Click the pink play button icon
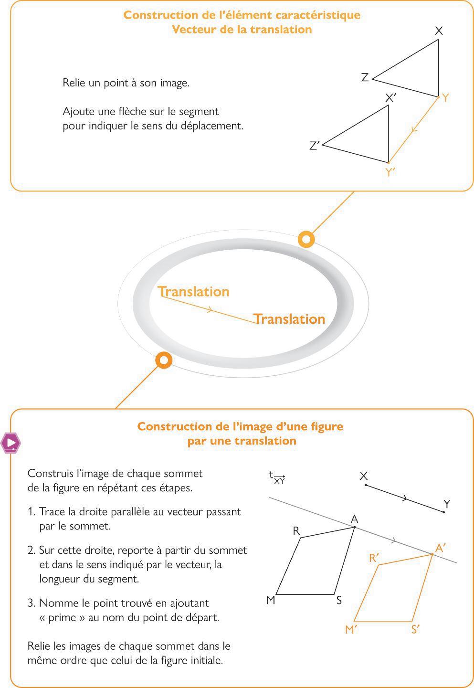pos(11,443)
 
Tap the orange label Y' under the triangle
pos(390,172)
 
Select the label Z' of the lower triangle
pos(314,146)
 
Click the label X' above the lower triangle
pos(391,98)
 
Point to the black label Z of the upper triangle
pos(365,77)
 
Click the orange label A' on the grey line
pos(441,548)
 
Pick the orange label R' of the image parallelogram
pos(374,558)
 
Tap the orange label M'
pos(351,630)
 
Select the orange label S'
pos(415,630)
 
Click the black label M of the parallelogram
pos(271,600)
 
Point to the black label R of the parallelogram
pos(296,531)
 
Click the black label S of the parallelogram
pos(339,601)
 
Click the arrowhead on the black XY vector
pos(405,499)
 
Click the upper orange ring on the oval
pos(306,239)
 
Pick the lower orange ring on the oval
pos(164,360)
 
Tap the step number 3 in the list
pos(31,603)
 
